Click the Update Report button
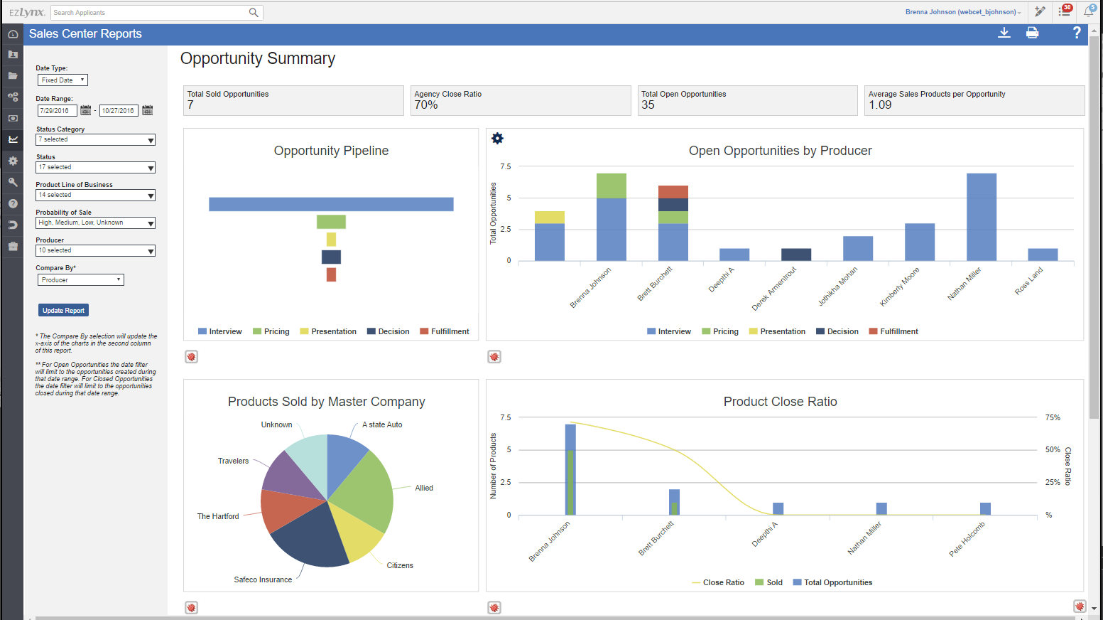[x=63, y=310]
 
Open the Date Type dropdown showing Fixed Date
[x=63, y=80]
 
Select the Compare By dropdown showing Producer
[x=80, y=280]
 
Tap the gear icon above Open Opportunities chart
[x=497, y=139]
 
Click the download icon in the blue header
[x=1004, y=33]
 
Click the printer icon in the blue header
[x=1032, y=33]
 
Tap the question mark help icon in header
[x=1076, y=33]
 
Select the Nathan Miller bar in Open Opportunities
[x=981, y=217]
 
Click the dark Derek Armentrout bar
[x=795, y=255]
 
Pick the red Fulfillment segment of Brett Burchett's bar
[x=673, y=192]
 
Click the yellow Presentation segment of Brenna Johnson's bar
[x=549, y=218]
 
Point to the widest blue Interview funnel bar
[x=331, y=204]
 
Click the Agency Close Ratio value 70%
[x=426, y=105]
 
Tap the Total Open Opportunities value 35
[x=648, y=105]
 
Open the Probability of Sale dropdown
[x=95, y=223]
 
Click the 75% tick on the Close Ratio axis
[x=1053, y=417]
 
